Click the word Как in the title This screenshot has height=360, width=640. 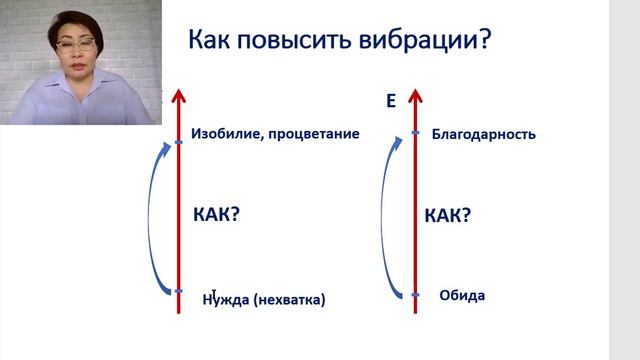[212, 40]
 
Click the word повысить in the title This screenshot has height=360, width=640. [294, 41]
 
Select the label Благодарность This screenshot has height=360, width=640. [483, 134]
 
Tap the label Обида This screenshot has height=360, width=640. [462, 295]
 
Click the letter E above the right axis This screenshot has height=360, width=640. [391, 102]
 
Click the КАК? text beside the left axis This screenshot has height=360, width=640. [217, 214]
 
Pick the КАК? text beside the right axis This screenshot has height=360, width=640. [448, 215]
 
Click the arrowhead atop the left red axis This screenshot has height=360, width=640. [178, 96]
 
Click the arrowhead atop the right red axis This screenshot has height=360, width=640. [415, 96]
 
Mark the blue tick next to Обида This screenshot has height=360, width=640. [415, 295]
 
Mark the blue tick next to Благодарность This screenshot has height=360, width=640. [415, 133]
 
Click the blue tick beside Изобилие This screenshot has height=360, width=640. [178, 142]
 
